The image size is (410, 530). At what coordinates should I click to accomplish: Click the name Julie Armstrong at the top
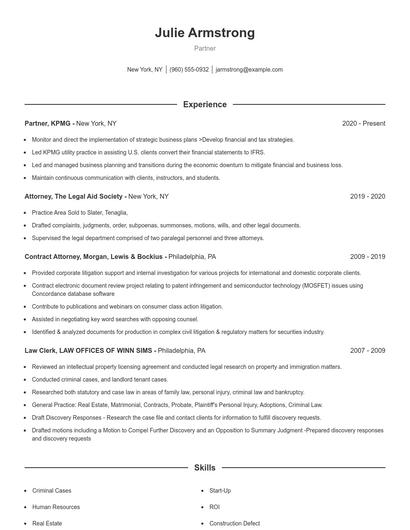(x=205, y=33)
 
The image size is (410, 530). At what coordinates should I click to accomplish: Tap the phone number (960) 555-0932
(x=189, y=70)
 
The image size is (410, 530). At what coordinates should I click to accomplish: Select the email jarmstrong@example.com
(x=249, y=70)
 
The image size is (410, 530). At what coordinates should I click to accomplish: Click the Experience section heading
(x=205, y=104)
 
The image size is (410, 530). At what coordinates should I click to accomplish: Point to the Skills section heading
(x=205, y=468)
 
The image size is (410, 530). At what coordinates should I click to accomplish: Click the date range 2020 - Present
(x=363, y=123)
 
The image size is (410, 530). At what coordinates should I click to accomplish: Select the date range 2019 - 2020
(x=367, y=197)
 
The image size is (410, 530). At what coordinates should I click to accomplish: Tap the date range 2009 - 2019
(x=367, y=257)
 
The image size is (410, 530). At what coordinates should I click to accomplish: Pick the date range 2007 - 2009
(x=367, y=351)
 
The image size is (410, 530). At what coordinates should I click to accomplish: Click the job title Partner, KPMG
(x=48, y=123)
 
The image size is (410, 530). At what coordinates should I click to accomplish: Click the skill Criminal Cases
(x=52, y=491)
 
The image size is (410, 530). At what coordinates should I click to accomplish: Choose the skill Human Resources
(x=56, y=507)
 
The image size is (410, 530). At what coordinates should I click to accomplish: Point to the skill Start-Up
(x=220, y=491)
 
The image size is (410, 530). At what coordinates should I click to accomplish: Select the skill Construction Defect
(x=235, y=523)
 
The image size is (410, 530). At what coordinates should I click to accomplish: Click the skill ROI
(x=214, y=507)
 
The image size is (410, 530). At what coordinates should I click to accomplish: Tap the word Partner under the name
(x=205, y=48)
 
